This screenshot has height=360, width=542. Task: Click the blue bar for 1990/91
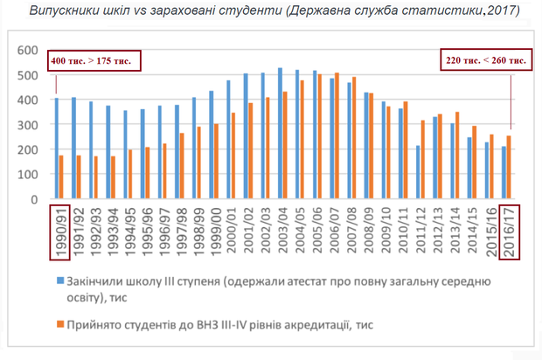57,149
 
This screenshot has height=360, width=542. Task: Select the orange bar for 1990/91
62,178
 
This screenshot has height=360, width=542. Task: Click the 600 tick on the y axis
29,50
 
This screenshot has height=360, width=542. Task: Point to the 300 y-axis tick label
29,125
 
